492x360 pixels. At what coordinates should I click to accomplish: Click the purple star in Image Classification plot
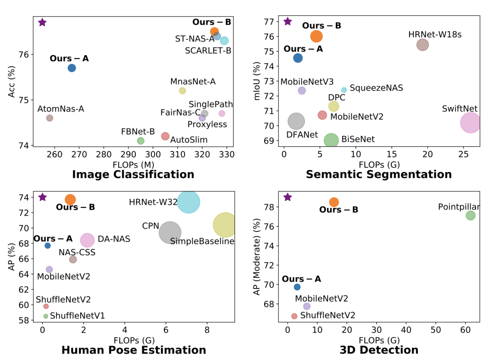(42, 22)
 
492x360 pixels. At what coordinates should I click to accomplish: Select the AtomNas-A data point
(50, 118)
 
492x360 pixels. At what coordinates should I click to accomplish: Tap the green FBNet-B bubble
(141, 141)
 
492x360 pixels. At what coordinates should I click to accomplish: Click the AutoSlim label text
(189, 140)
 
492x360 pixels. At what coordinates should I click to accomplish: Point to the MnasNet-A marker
(183, 91)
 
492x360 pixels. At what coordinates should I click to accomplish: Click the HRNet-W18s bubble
(422, 45)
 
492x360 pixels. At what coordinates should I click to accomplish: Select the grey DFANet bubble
(297, 121)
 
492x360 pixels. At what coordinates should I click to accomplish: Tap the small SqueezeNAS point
(344, 90)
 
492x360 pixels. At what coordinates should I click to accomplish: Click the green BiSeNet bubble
(331, 140)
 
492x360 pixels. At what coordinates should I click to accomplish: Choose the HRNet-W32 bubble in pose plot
(189, 202)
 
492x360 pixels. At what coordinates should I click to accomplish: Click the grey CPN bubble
(170, 233)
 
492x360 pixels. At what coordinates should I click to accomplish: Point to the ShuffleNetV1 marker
(46, 316)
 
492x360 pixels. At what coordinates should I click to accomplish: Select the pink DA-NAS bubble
(87, 240)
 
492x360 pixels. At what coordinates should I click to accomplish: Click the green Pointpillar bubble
(471, 216)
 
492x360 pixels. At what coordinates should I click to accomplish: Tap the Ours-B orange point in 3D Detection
(334, 202)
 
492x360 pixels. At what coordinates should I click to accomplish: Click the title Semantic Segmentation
(379, 175)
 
